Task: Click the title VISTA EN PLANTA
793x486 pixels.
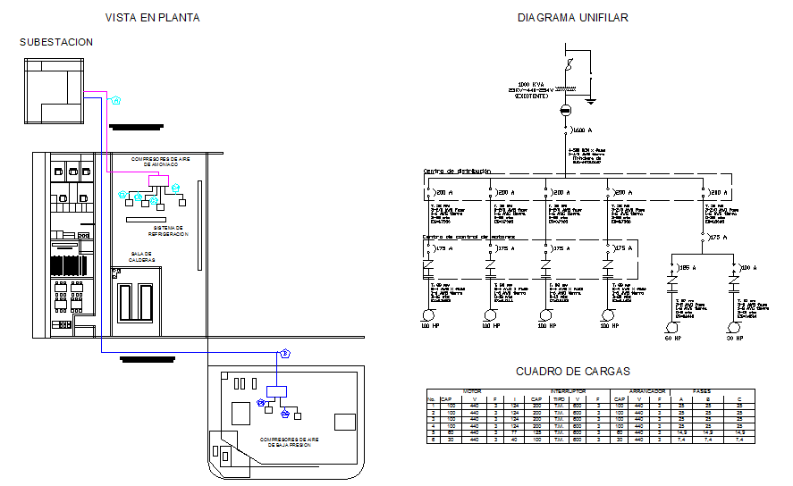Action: pos(152,18)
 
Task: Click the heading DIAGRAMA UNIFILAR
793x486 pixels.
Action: pos(572,18)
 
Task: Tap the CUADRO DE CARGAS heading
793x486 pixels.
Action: pos(572,372)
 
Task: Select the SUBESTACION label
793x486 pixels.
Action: pos(56,42)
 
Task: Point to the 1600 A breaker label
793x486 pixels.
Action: pos(583,130)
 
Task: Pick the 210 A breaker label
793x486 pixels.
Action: pos(717,193)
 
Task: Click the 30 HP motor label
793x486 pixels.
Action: pos(734,339)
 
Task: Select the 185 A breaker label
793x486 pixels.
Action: pos(687,266)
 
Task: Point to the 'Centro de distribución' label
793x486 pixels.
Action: pos(456,171)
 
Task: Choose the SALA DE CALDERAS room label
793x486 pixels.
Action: pos(142,256)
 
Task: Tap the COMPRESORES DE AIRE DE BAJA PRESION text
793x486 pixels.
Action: pos(284,441)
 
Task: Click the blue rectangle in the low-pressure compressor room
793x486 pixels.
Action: pos(276,390)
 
